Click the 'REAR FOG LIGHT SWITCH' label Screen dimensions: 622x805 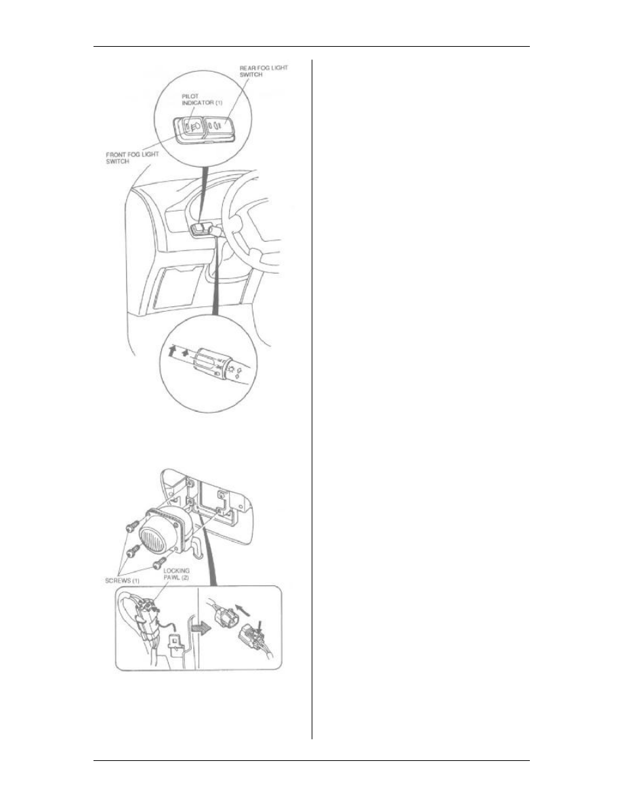264,71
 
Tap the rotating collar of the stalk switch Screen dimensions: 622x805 209,361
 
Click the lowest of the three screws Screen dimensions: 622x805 158,564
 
